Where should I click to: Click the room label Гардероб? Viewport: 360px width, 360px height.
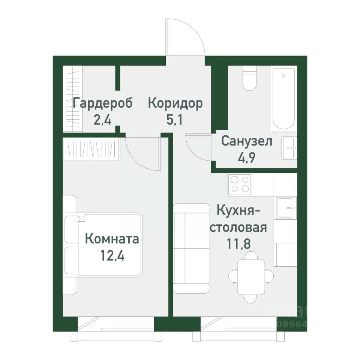[103, 103]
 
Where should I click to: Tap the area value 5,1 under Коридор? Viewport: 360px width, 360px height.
[175, 121]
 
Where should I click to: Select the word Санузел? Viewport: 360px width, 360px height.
[247, 141]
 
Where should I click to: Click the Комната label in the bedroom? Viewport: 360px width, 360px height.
[112, 238]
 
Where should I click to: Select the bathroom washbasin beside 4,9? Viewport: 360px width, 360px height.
[289, 148]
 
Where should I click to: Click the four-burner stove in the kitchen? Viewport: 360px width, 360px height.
[240, 184]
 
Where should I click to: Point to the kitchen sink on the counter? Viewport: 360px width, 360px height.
[287, 207]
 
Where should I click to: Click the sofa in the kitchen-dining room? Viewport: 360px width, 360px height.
[191, 248]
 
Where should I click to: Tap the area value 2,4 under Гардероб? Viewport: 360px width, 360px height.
[102, 121]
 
